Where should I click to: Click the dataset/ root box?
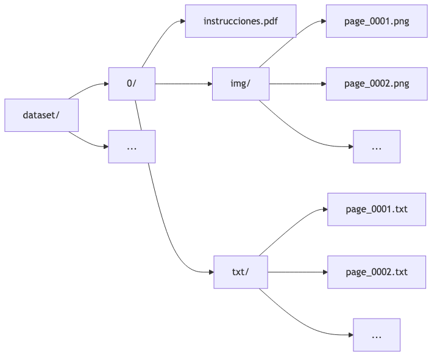[41, 115]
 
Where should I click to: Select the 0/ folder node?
[132, 84]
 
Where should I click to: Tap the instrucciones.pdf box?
[240, 21]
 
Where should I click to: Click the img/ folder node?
[241, 84]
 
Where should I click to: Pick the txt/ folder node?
[241, 272]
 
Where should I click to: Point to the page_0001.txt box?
[376, 209]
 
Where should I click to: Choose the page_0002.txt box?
[376, 272]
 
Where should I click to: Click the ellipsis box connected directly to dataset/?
[132, 146]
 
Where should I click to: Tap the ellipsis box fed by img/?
[376, 146]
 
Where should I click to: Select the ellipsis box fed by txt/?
[376, 335]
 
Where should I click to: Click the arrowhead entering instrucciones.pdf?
[182, 21]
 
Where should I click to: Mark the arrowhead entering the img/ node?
[208, 84]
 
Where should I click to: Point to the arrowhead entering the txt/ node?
[210, 272]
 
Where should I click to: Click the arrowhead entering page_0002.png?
[322, 84]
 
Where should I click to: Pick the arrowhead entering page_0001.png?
[322, 21]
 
